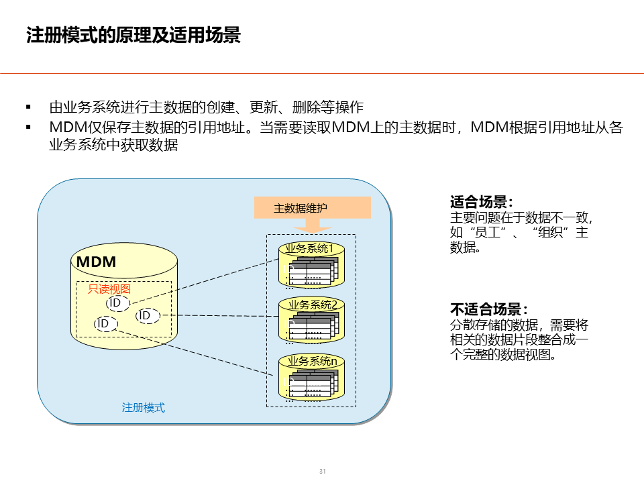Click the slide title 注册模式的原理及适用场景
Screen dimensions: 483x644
click(133, 35)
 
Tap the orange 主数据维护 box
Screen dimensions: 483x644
click(313, 208)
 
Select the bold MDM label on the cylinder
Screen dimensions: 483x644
click(97, 262)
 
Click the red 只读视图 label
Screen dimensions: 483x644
click(109, 289)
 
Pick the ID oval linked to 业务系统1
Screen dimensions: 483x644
click(117, 303)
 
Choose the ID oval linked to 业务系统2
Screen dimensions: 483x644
click(147, 315)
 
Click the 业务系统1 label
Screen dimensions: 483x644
click(310, 249)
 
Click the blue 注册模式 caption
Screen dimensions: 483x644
click(143, 407)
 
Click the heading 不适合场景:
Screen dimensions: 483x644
click(488, 309)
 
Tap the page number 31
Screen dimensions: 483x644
click(322, 472)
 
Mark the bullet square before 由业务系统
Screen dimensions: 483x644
click(28, 107)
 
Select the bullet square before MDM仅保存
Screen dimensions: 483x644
click(28, 127)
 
